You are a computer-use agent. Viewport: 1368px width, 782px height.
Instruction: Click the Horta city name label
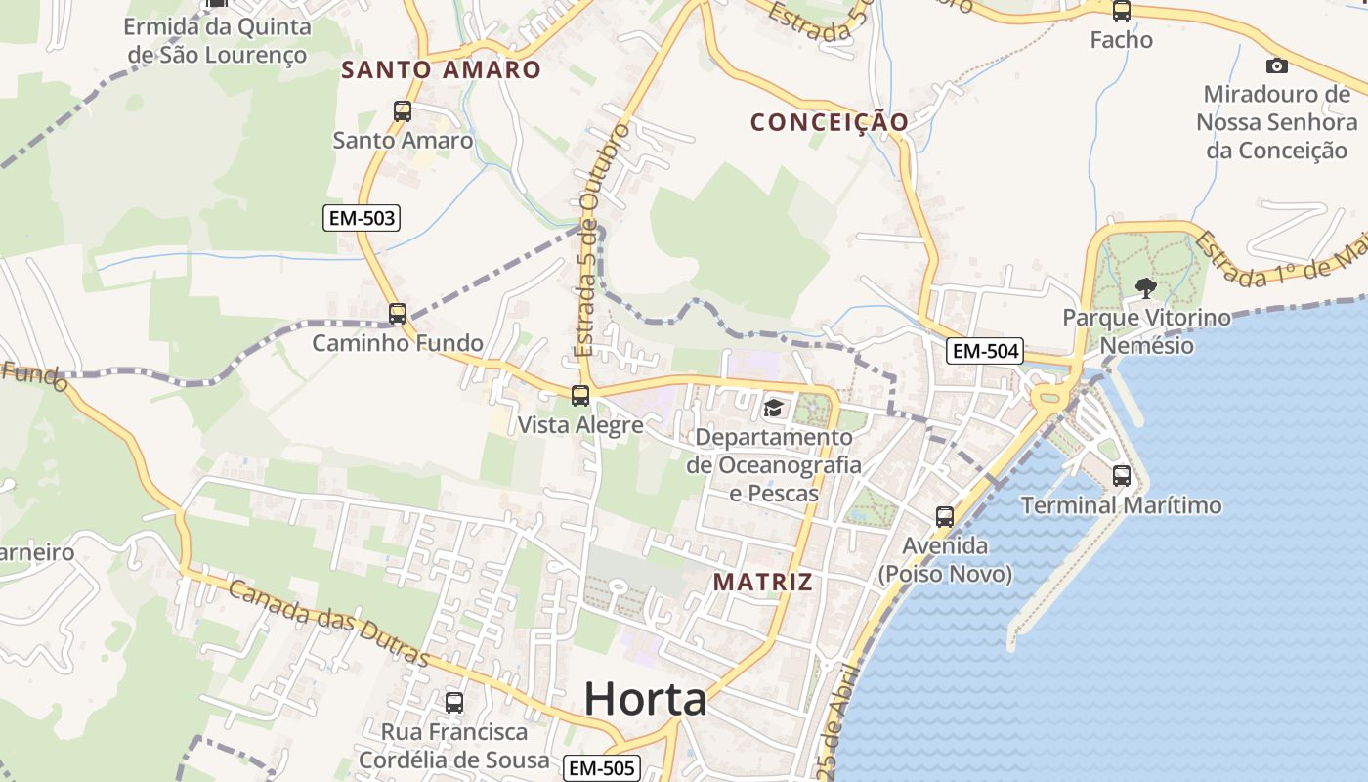pyautogui.click(x=645, y=699)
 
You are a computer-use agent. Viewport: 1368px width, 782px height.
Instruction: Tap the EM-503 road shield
pyautogui.click(x=362, y=218)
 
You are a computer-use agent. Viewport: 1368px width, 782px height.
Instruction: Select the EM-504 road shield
pyautogui.click(x=984, y=351)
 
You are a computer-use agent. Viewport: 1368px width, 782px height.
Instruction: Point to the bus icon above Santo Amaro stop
pyautogui.click(x=403, y=111)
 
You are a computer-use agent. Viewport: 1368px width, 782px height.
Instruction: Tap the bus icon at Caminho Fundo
pyautogui.click(x=397, y=314)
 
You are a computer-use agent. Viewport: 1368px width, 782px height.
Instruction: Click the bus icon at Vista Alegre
pyautogui.click(x=580, y=396)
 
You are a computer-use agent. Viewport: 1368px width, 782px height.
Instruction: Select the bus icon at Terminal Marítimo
pyautogui.click(x=1122, y=476)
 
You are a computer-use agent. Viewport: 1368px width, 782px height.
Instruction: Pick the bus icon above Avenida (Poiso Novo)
pyautogui.click(x=944, y=517)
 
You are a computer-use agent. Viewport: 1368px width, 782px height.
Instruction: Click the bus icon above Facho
pyautogui.click(x=1122, y=12)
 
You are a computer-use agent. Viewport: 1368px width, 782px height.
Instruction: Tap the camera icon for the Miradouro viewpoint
pyautogui.click(x=1276, y=66)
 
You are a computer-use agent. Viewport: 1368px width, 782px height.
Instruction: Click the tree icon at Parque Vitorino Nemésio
pyautogui.click(x=1145, y=287)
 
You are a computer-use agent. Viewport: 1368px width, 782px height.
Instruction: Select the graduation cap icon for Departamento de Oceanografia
pyautogui.click(x=773, y=408)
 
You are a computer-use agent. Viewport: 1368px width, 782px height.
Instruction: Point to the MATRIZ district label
pyautogui.click(x=762, y=583)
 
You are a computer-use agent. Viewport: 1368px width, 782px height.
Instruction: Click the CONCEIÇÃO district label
pyautogui.click(x=829, y=122)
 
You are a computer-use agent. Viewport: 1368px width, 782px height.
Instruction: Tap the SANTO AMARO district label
pyautogui.click(x=441, y=69)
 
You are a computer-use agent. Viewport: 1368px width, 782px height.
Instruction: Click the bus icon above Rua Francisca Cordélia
pyautogui.click(x=454, y=703)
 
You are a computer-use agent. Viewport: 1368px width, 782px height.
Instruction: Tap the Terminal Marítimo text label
pyautogui.click(x=1121, y=505)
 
